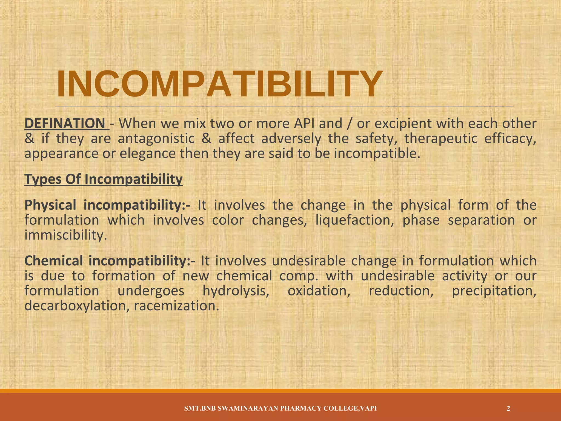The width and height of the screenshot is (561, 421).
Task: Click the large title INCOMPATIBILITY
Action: (x=219, y=84)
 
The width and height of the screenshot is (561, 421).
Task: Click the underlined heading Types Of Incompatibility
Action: (x=104, y=180)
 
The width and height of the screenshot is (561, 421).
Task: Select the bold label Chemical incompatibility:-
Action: (x=110, y=261)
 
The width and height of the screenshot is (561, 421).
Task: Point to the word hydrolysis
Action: (x=236, y=291)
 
